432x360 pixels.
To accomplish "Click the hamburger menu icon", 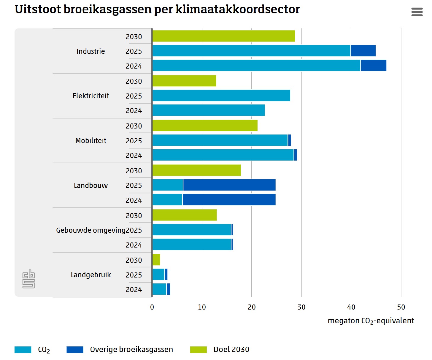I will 417,12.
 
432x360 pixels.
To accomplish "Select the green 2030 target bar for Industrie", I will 223,36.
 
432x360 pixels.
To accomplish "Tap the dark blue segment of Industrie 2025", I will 363,51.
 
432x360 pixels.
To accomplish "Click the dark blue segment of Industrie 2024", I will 374,66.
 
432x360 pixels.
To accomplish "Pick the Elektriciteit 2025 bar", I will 221,96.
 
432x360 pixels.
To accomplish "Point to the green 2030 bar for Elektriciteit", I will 184,81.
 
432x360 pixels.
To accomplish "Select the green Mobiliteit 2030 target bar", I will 205,126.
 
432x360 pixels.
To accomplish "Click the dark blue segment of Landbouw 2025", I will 229,185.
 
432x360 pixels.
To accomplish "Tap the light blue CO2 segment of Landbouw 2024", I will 167,200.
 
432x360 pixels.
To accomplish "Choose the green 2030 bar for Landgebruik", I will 156,260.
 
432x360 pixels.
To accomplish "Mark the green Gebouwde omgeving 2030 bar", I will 185,215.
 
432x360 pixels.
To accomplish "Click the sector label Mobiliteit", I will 91,141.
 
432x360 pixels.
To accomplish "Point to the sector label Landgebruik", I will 91,275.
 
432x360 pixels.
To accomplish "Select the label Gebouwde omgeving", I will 91,230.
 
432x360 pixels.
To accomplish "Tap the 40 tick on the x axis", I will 351,307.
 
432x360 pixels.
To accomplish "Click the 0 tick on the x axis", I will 152,307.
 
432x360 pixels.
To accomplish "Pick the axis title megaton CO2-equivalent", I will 371,321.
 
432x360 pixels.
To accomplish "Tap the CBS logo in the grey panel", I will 28,279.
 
